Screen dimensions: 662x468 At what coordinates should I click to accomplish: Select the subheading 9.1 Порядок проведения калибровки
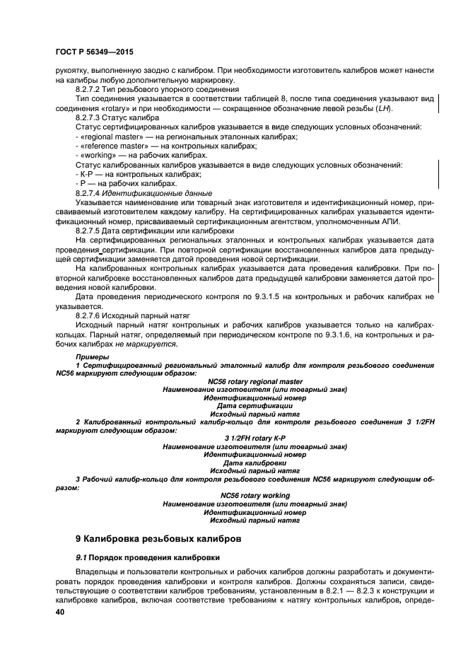[138, 558]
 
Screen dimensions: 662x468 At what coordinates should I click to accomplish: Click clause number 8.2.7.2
[94, 90]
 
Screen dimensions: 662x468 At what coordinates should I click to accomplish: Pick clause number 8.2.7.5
[94, 230]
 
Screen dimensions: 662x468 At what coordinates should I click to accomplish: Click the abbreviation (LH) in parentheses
[383, 108]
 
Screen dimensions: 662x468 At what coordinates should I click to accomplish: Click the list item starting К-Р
[86, 174]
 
